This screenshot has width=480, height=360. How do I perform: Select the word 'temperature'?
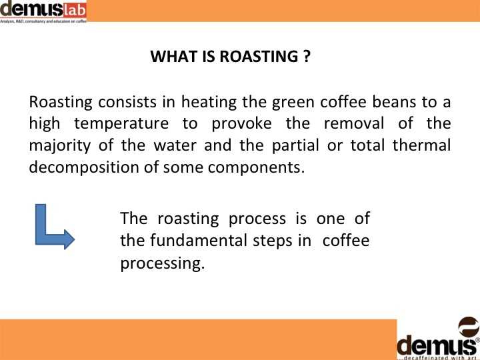[x=121, y=124]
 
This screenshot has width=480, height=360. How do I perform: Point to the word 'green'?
[x=293, y=103]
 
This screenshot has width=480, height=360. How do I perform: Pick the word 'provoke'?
[x=241, y=124]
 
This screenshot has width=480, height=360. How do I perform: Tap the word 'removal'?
[x=353, y=123]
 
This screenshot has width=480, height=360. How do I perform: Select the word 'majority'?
[x=60, y=146]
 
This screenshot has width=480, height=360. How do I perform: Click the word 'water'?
[x=175, y=145]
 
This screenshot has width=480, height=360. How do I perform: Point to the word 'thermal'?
[x=421, y=145]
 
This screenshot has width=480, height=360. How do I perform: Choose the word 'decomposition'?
[x=84, y=167]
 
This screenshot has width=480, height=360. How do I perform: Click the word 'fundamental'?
[x=199, y=240]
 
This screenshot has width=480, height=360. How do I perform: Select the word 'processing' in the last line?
[x=162, y=263]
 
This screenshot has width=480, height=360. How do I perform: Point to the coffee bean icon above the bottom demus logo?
[x=469, y=327]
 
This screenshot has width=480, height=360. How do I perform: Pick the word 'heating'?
[x=209, y=103]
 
